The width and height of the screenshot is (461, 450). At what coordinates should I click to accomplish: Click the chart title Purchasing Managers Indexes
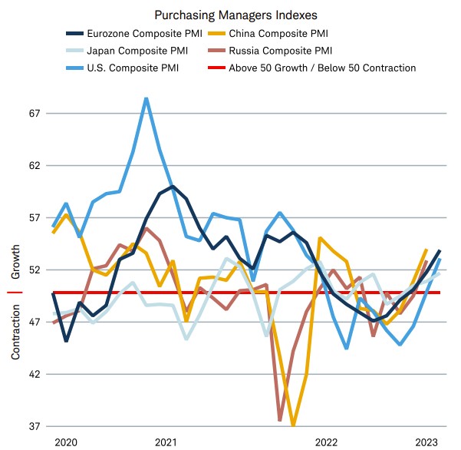point(230,15)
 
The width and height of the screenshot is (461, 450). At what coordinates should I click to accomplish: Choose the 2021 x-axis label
point(166,442)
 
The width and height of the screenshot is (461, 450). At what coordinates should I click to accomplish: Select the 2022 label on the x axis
point(326,442)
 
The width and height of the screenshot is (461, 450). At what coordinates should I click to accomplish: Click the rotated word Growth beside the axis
point(16,263)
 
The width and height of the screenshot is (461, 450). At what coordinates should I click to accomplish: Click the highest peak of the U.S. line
point(146,98)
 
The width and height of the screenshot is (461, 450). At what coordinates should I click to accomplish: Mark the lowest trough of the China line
point(294,424)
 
